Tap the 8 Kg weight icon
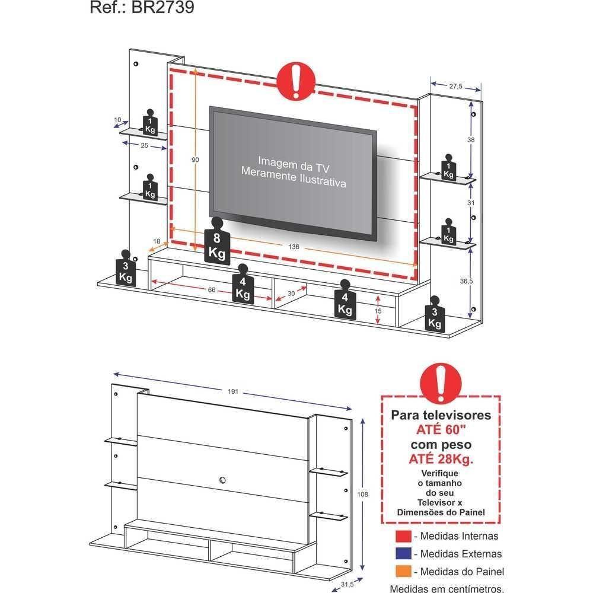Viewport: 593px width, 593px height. click(x=216, y=243)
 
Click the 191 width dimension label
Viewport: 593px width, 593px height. click(x=233, y=392)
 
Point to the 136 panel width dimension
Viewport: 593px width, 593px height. click(x=294, y=247)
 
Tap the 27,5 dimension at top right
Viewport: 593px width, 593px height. click(x=455, y=87)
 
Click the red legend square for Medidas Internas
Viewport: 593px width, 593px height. click(x=403, y=536)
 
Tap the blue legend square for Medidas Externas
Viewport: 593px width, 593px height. click(x=403, y=554)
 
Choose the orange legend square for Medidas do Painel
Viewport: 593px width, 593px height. click(x=403, y=572)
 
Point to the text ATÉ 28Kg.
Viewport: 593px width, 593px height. click(x=440, y=458)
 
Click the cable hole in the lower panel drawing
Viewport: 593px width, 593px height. click(x=224, y=479)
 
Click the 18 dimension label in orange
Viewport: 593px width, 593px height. click(x=157, y=241)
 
